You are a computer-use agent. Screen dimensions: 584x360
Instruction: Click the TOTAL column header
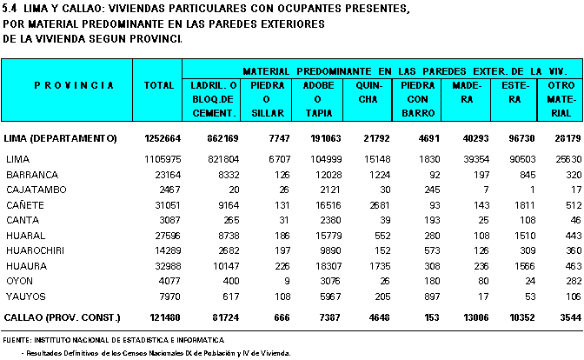tap(159, 85)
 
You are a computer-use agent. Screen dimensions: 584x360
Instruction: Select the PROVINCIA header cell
tap(74, 85)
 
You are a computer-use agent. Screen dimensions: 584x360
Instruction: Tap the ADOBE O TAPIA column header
tap(318, 99)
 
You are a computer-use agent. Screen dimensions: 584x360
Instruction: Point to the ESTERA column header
tap(515, 92)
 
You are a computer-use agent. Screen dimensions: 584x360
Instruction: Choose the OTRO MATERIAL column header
tap(561, 99)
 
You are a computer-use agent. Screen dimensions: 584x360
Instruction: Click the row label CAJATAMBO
tap(36, 190)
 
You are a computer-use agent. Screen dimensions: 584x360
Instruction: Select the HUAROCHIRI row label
tap(35, 250)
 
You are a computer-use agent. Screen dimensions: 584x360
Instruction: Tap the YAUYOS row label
tap(26, 297)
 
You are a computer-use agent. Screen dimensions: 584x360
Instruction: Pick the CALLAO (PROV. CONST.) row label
tap(63, 317)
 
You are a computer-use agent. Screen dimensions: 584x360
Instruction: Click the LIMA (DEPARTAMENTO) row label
tap(60, 138)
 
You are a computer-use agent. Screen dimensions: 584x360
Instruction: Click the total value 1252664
tap(163, 138)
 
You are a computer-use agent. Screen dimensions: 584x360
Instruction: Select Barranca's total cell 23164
tap(168, 175)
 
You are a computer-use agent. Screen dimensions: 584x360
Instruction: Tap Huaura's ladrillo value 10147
tap(223, 266)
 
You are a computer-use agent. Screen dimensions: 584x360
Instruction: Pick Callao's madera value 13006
tap(476, 317)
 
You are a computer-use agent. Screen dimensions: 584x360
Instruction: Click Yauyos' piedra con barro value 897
tap(432, 297)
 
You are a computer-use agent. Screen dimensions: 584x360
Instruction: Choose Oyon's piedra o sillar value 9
tap(287, 281)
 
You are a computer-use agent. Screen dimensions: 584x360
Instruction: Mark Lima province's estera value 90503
tap(522, 159)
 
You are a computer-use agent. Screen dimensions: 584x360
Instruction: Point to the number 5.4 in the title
tap(10, 9)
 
